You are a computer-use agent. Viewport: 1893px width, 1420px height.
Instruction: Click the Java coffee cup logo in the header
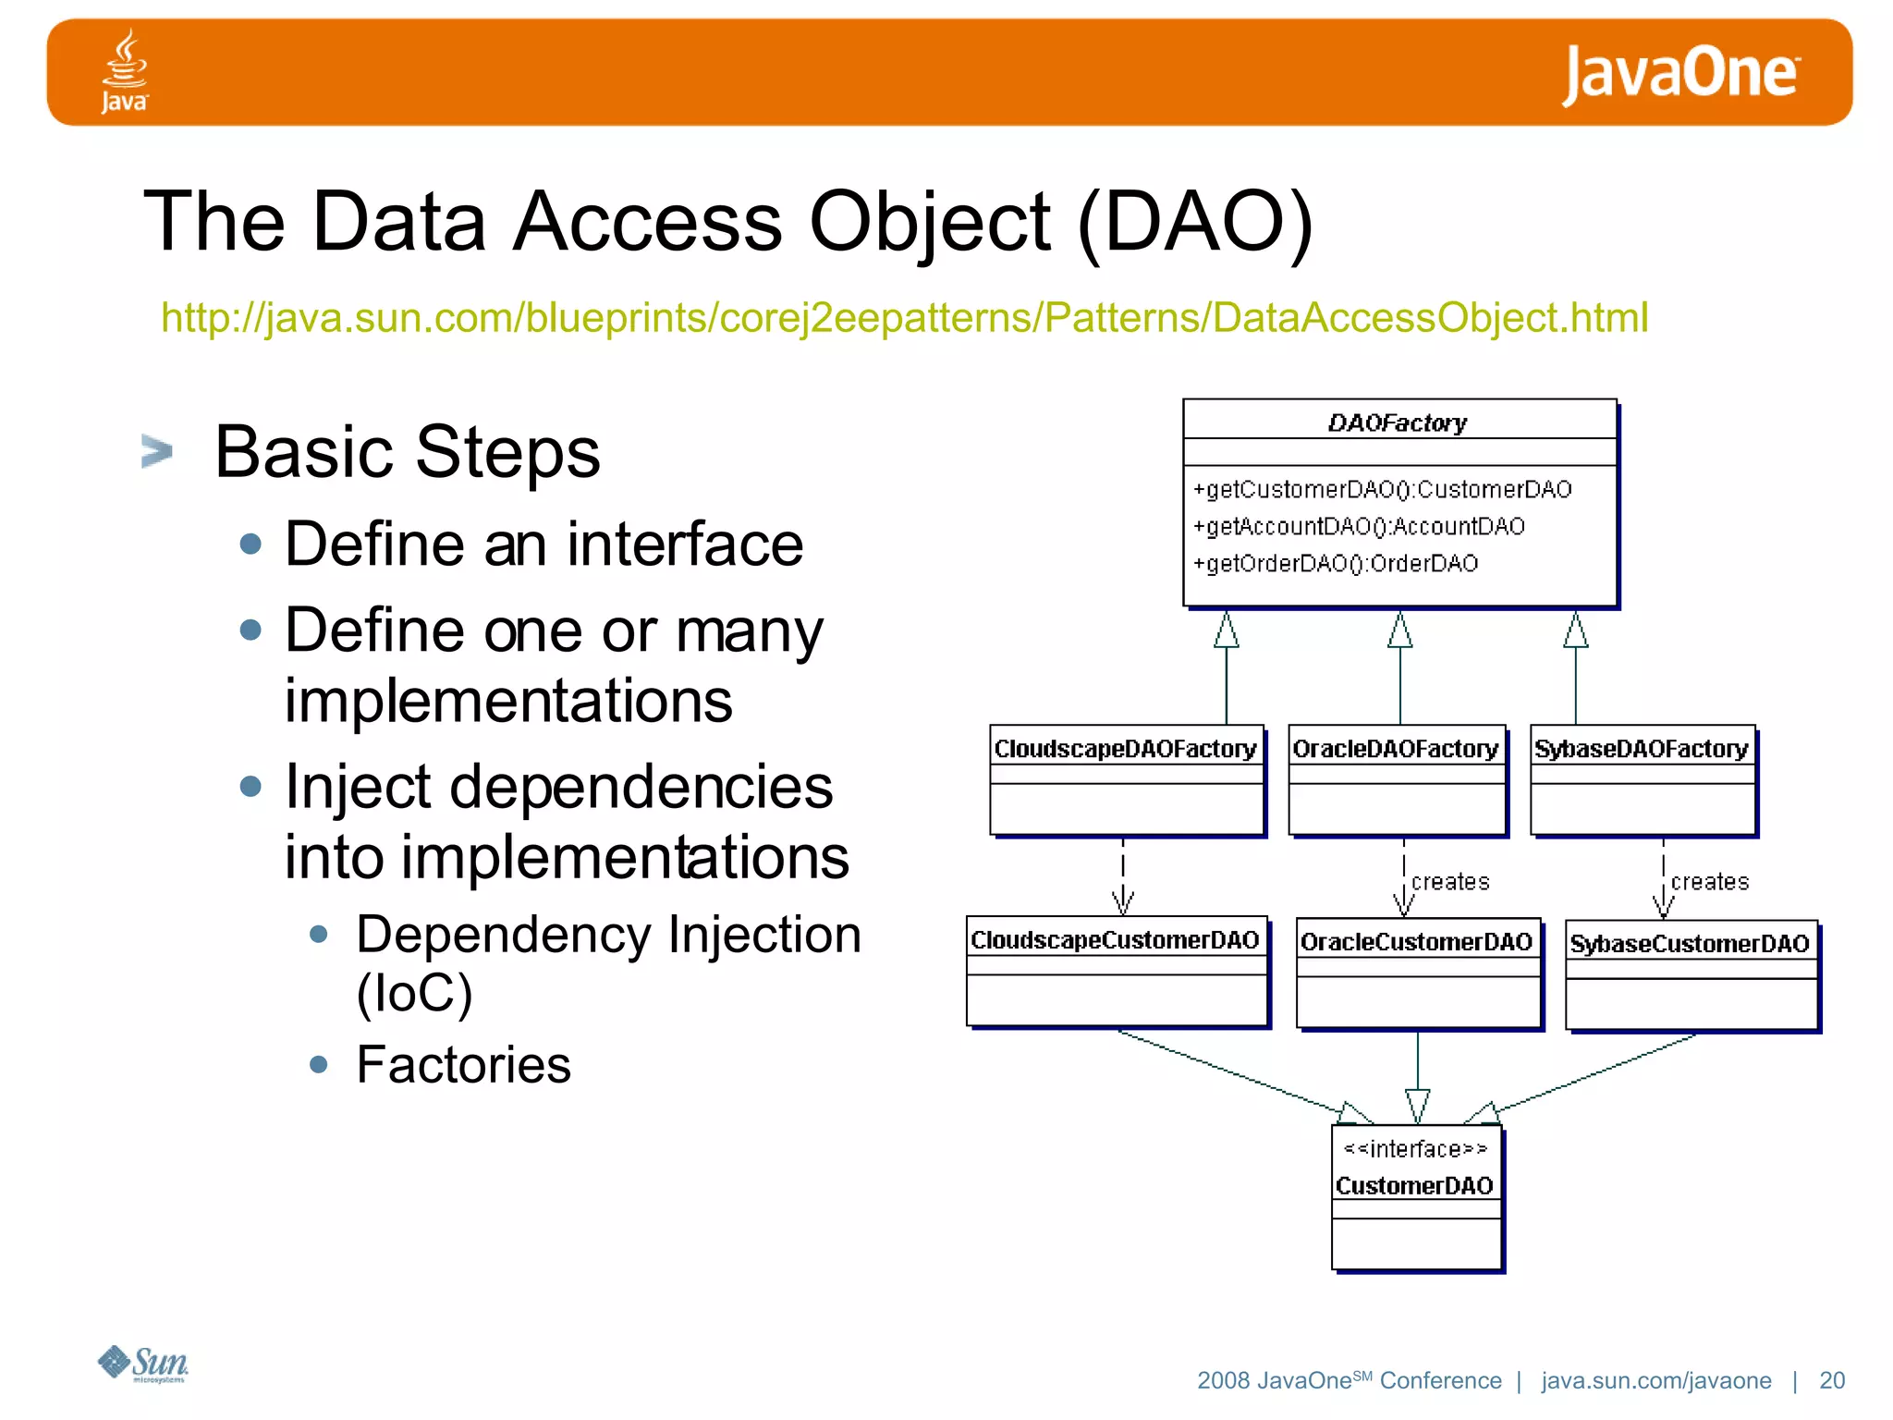pyautogui.click(x=125, y=71)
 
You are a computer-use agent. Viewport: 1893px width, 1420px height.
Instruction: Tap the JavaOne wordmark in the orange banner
pyautogui.click(x=1679, y=74)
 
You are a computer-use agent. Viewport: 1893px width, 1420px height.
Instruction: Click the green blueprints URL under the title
pyautogui.click(x=904, y=318)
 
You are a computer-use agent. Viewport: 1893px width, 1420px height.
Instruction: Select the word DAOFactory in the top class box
pyautogui.click(x=1397, y=423)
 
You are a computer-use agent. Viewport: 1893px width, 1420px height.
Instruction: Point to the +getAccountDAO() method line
pyautogui.click(x=1359, y=526)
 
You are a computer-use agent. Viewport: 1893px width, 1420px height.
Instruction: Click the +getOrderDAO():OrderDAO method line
pyautogui.click(x=1336, y=563)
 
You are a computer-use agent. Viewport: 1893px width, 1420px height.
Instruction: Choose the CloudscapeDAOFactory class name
pyautogui.click(x=1125, y=749)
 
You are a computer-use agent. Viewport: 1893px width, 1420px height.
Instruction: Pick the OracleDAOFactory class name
pyautogui.click(x=1395, y=749)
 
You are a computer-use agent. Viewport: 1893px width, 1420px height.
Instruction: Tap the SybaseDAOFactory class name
pyautogui.click(x=1641, y=749)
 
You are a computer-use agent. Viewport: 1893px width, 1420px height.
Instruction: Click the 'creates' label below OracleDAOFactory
pyautogui.click(x=1450, y=882)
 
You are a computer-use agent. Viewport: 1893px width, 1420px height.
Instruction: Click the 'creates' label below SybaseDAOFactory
pyautogui.click(x=1709, y=882)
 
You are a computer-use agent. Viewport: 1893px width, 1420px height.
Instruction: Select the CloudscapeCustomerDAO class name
pyautogui.click(x=1115, y=940)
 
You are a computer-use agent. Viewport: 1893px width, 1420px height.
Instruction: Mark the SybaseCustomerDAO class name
pyautogui.click(x=1689, y=944)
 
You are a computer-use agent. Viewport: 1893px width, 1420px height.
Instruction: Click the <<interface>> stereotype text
pyautogui.click(x=1415, y=1149)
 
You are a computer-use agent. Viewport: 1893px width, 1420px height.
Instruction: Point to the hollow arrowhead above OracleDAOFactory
pyautogui.click(x=1399, y=631)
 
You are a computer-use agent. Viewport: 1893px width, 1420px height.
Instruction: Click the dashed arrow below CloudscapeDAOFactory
pyautogui.click(x=1122, y=878)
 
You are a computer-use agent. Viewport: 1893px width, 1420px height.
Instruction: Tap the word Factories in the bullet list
pyautogui.click(x=463, y=1064)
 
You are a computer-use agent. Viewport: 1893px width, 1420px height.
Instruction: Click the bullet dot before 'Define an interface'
pyautogui.click(x=250, y=544)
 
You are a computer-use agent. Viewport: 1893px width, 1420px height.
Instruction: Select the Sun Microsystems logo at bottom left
pyautogui.click(x=143, y=1364)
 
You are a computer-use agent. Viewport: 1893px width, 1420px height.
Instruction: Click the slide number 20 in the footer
pyautogui.click(x=1831, y=1380)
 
